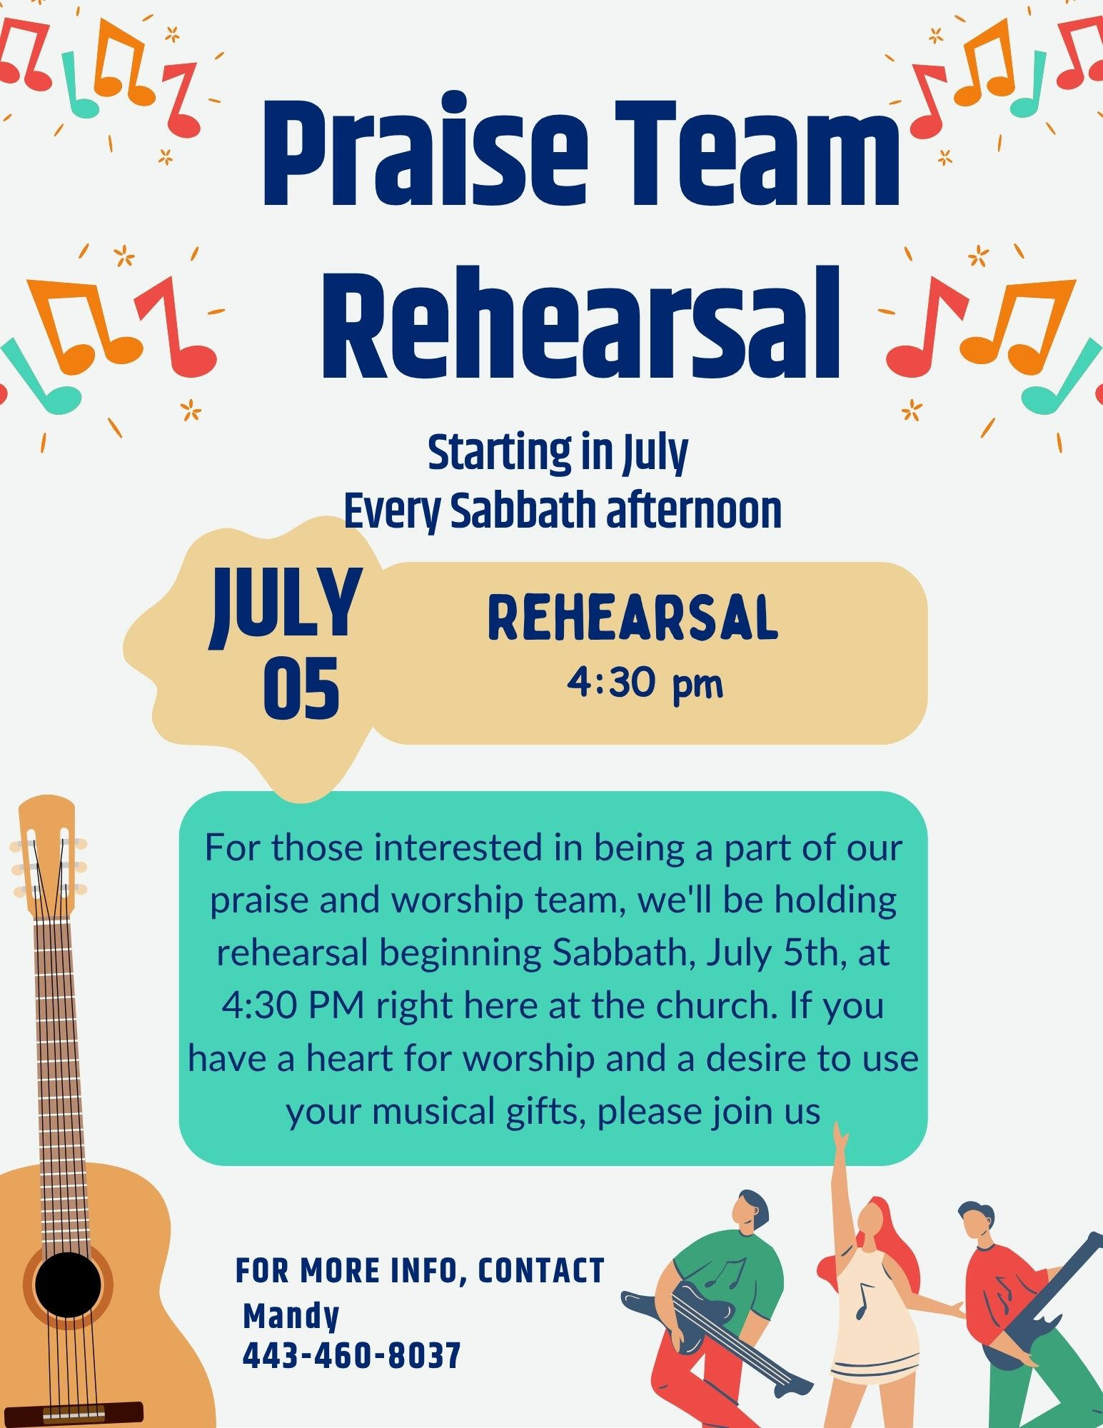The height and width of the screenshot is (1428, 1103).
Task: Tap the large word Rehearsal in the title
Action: pos(580,323)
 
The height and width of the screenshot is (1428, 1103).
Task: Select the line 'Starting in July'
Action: pos(558,454)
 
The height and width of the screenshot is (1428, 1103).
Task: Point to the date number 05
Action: pos(301,689)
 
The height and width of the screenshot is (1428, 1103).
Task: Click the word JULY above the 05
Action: pos(285,608)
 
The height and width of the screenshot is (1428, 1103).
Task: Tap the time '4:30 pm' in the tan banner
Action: pos(645,685)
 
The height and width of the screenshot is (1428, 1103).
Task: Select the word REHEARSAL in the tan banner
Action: pos(633,618)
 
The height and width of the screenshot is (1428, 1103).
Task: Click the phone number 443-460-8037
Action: pos(352,1355)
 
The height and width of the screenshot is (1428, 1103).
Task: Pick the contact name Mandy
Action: pos(291,1316)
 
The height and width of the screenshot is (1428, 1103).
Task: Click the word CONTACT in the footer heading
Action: pos(541,1271)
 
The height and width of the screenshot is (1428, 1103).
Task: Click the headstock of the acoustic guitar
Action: pos(47,854)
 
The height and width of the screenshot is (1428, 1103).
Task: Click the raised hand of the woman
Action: pos(841,1135)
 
